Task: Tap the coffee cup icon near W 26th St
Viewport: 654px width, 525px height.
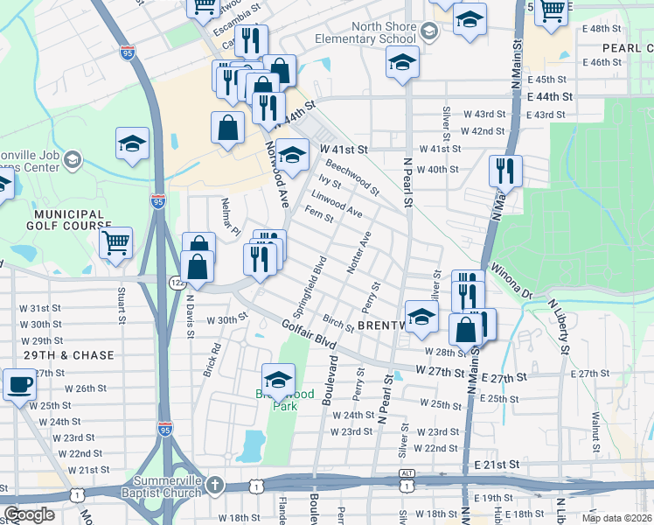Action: (x=19, y=383)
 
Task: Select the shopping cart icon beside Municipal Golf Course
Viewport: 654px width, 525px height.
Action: (x=115, y=242)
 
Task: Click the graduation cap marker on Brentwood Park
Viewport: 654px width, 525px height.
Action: (x=279, y=379)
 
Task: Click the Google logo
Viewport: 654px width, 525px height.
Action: (x=29, y=514)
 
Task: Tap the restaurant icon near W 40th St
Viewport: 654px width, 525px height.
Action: (x=504, y=171)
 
